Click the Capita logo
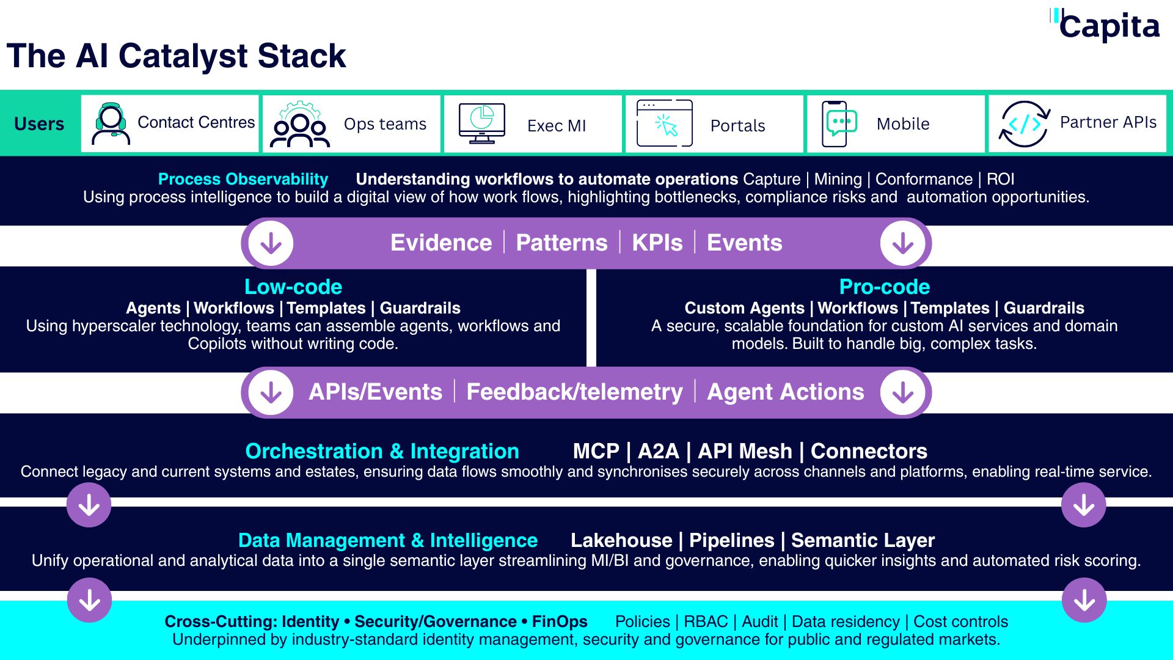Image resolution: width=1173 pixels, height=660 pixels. tap(1106, 26)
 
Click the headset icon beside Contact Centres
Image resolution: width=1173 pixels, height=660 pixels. tap(111, 123)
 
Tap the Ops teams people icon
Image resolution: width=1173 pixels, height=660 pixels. tap(299, 125)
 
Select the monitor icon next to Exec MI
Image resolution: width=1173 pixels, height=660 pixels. tap(481, 123)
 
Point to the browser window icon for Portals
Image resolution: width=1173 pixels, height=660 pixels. tap(664, 123)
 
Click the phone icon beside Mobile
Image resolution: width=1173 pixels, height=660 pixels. tap(838, 123)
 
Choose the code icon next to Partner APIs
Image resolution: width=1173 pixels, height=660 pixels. tap(1024, 124)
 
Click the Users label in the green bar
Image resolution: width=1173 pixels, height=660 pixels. tap(39, 124)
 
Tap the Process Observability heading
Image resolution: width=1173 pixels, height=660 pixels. tap(243, 179)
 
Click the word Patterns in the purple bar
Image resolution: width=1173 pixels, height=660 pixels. tap(561, 243)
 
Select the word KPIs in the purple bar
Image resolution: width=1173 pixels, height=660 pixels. tap(657, 243)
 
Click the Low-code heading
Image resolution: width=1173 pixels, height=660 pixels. tap(293, 287)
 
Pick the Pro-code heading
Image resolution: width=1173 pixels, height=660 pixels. tap(884, 287)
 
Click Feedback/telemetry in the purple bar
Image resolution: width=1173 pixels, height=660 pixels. tap(574, 392)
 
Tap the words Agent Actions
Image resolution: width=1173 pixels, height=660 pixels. tap(785, 392)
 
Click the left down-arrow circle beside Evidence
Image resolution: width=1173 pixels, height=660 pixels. tap(271, 243)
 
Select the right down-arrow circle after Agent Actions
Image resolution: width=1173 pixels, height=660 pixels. tap(902, 392)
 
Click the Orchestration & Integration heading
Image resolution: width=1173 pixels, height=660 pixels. tap(382, 451)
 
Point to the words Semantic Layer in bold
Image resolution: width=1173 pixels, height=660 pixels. tap(863, 540)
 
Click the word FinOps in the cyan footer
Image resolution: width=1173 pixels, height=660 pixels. tap(560, 621)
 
